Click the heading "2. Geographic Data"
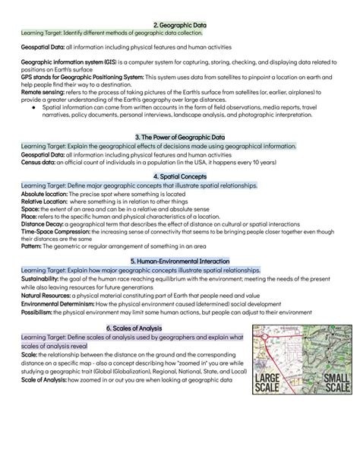(180, 25)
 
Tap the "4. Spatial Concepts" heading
(179, 176)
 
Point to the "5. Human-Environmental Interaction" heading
(179, 260)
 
